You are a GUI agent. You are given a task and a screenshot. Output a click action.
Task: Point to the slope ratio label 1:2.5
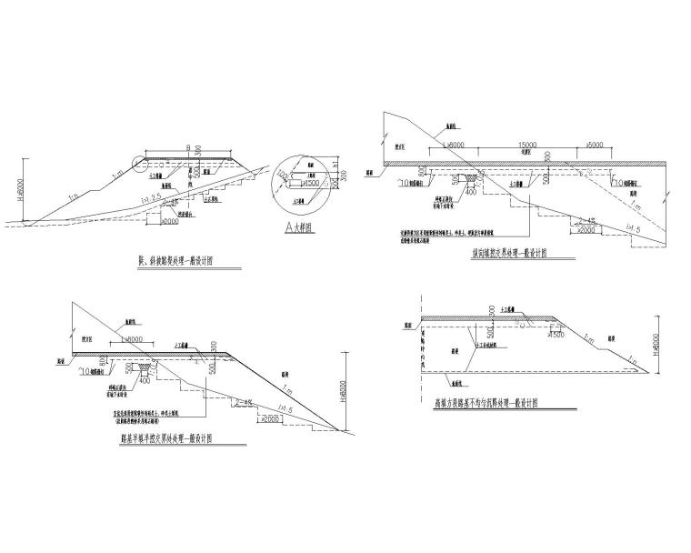click(150, 196)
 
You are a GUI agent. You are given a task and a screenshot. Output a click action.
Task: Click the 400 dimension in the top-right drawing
click(472, 192)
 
